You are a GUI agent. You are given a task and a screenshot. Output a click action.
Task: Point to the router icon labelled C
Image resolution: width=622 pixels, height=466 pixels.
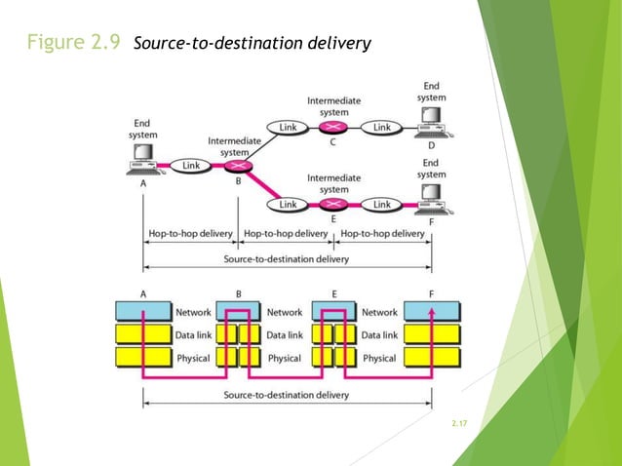click(334, 127)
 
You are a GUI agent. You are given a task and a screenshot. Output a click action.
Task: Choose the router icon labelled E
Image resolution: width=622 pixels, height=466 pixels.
click(334, 205)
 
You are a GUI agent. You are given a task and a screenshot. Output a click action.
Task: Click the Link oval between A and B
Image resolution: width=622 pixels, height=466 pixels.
click(190, 166)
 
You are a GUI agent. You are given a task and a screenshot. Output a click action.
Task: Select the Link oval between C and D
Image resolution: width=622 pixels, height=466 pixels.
click(382, 127)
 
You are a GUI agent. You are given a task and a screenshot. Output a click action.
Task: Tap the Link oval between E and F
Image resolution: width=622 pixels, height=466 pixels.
click(382, 205)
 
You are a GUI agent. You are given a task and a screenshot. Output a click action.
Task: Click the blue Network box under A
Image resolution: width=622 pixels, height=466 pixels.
click(142, 312)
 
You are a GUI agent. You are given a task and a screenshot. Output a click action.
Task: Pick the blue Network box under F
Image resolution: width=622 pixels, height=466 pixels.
click(431, 312)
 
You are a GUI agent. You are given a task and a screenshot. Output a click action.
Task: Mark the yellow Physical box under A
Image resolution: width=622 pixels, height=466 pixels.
click(142, 358)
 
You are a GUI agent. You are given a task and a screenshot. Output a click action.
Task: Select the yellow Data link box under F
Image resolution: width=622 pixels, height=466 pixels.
click(431, 335)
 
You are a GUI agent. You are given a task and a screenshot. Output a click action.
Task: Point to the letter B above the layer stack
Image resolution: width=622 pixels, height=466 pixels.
click(239, 291)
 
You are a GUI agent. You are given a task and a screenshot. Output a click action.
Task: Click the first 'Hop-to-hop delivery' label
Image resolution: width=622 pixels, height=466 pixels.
click(190, 234)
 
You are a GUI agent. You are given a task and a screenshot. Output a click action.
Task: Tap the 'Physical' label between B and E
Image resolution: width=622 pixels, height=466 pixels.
click(286, 358)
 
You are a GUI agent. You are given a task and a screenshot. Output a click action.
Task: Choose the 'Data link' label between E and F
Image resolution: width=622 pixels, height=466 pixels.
click(380, 335)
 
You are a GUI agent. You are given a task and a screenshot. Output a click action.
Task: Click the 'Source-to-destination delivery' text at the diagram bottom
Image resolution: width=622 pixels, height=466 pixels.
click(286, 395)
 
